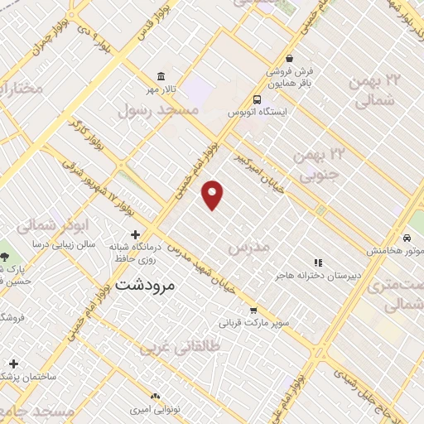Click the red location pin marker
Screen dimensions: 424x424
point(213,195)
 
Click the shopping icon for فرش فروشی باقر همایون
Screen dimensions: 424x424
point(289,59)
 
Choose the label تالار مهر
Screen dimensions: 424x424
point(163,88)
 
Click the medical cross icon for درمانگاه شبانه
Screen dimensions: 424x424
point(136,234)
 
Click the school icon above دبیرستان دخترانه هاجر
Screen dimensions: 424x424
point(319,262)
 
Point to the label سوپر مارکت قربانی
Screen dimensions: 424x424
point(253,323)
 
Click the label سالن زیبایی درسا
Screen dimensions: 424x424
point(59,245)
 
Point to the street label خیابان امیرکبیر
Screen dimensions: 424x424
point(259,173)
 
